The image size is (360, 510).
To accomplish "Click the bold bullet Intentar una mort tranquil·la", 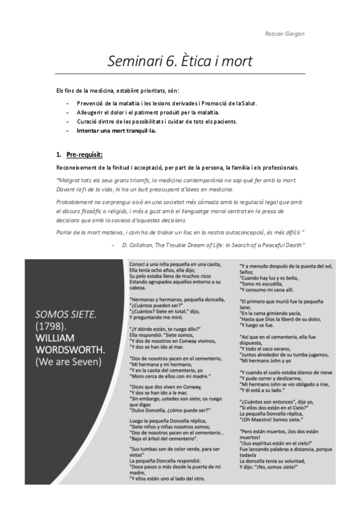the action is click(112, 131).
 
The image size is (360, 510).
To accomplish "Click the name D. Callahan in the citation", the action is click(139, 244).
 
